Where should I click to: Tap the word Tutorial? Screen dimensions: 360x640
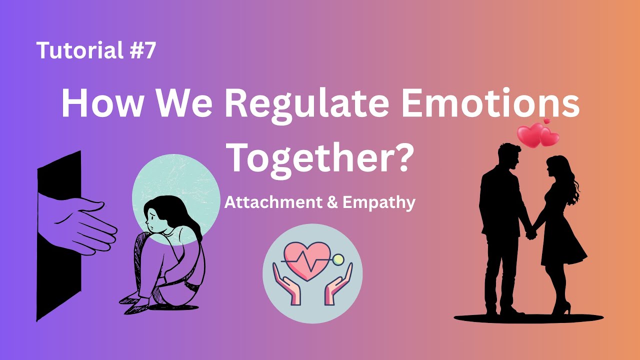click(79, 50)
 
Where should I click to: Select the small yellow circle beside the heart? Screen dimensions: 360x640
click(339, 259)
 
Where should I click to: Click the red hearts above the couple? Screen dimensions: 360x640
click(537, 134)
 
